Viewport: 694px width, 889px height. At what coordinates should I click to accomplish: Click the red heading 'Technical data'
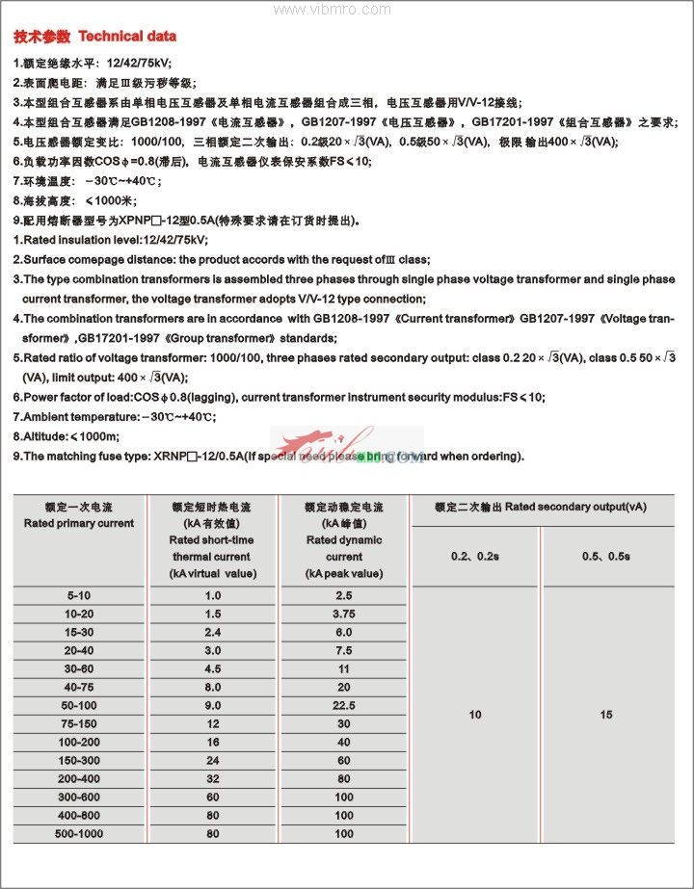point(127,37)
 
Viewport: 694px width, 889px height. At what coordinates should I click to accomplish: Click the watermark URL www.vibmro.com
point(328,9)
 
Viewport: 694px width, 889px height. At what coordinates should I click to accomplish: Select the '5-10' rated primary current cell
point(79,596)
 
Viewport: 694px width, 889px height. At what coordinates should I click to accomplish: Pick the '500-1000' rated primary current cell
point(79,833)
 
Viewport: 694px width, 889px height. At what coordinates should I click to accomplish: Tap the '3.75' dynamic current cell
point(344,614)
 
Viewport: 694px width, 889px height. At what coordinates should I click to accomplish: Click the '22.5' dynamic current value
point(344,706)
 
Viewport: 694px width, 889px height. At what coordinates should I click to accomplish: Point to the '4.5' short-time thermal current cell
point(213,668)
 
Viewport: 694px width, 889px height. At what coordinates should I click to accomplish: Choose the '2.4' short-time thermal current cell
point(213,632)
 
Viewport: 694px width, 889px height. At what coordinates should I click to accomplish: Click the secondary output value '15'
point(606,715)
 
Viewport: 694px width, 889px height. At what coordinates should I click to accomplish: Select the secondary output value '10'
point(475,715)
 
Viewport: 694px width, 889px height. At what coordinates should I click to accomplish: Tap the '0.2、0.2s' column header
point(475,557)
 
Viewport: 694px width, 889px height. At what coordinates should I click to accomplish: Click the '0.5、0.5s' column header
point(606,557)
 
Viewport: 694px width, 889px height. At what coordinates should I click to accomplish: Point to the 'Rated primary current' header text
point(79,523)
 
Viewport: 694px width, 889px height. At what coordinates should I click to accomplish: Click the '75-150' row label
point(79,723)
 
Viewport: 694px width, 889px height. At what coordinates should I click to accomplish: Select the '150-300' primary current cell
point(79,760)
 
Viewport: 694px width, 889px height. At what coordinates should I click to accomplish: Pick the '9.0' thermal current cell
point(213,706)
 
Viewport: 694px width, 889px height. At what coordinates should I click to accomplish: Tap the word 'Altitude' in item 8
point(49,436)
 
